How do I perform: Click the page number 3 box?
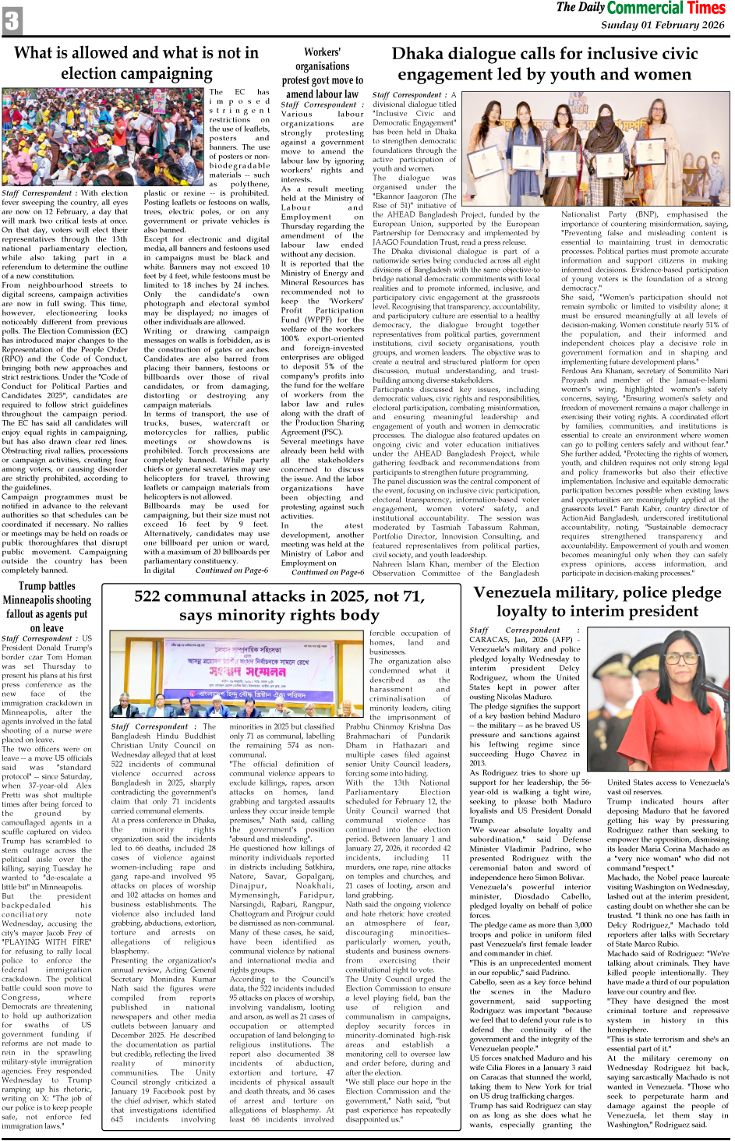tap(12, 20)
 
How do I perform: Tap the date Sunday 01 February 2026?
tap(662, 25)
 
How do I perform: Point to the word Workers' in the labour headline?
tap(322, 52)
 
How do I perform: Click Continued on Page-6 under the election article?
tap(231, 570)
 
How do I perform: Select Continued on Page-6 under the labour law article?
tap(327, 572)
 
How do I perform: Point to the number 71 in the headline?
tap(408, 597)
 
